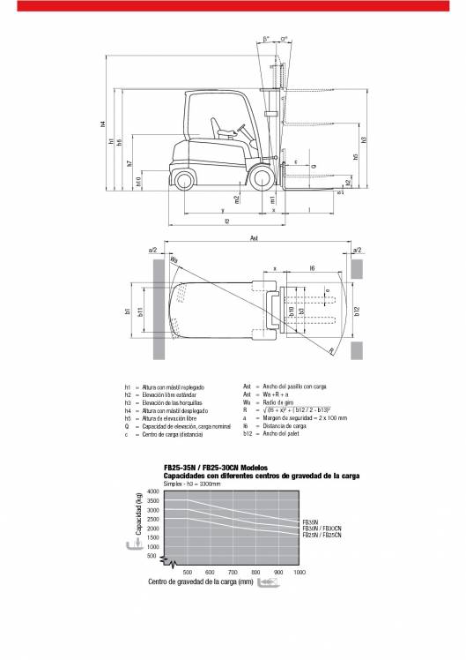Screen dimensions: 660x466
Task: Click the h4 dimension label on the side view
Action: (103, 125)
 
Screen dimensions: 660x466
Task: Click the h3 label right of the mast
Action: (363, 139)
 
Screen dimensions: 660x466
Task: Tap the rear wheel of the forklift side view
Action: (184, 181)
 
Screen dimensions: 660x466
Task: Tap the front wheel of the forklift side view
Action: (262, 180)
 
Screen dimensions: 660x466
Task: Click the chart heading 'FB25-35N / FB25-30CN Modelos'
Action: (216, 467)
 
